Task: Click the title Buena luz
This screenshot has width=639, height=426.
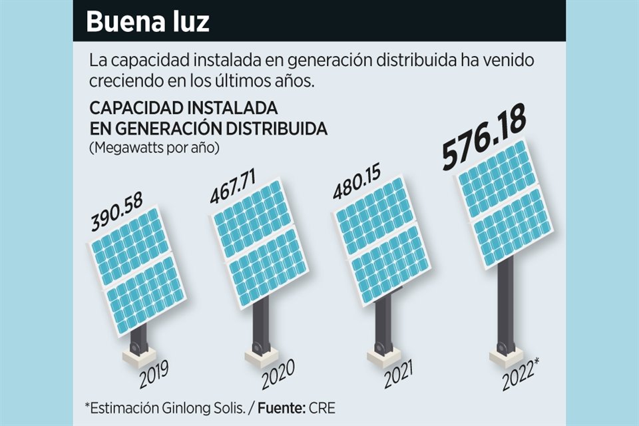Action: pyautogui.click(x=148, y=22)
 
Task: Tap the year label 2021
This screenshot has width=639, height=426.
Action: pyautogui.click(x=399, y=375)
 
